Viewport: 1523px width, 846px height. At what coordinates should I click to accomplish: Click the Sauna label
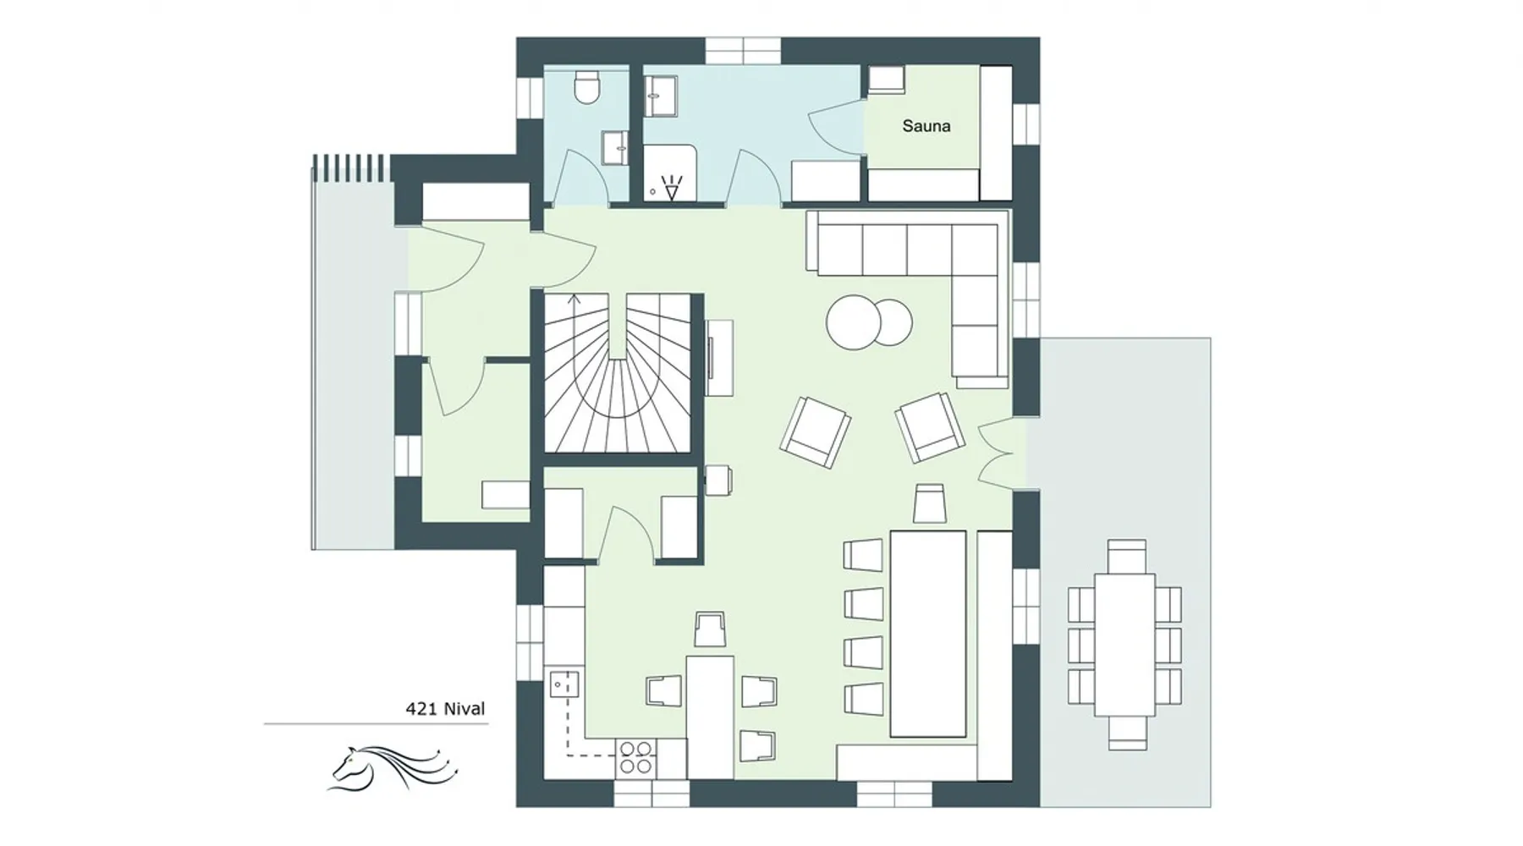pos(926,126)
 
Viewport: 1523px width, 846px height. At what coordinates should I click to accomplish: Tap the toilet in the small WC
pos(586,88)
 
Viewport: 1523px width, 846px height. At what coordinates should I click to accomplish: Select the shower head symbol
pos(672,187)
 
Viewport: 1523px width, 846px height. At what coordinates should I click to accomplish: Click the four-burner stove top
pos(636,757)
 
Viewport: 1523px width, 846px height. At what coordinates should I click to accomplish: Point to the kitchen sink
pos(564,683)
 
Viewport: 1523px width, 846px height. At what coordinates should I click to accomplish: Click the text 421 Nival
pos(445,709)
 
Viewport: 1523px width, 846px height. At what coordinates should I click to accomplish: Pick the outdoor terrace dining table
pos(1124,645)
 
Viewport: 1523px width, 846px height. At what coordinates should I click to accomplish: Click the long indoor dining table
pos(928,634)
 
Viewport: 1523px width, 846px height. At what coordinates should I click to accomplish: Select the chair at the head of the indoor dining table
pos(929,504)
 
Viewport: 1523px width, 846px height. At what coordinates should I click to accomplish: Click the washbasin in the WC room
pos(615,147)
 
